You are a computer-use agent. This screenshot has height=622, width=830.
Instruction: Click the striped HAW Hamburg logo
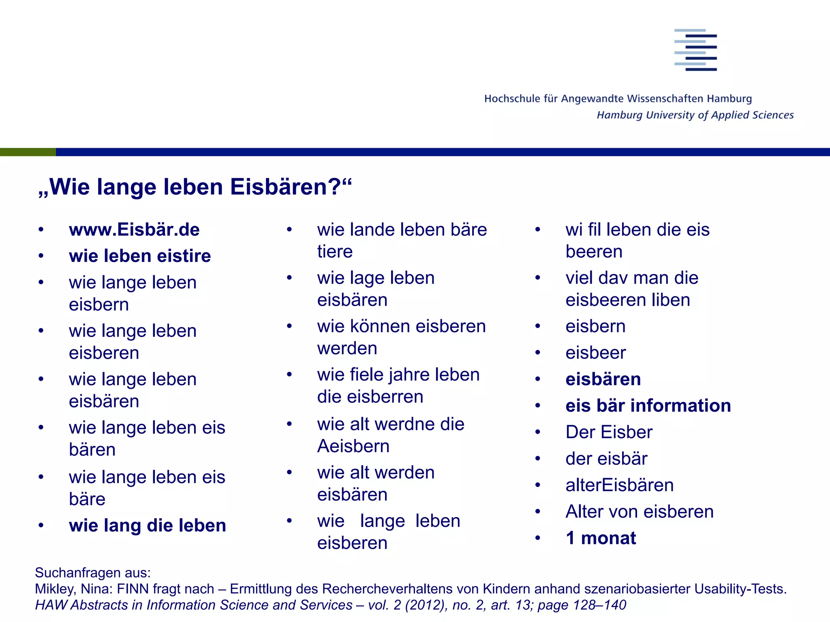tap(695, 50)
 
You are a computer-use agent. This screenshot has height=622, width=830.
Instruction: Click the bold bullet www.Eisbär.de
tap(134, 230)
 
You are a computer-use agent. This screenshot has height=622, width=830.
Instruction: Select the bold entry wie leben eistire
tap(140, 256)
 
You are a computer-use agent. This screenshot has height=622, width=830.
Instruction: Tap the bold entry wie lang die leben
tap(148, 526)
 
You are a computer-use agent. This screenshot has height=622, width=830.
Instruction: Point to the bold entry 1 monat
tap(601, 538)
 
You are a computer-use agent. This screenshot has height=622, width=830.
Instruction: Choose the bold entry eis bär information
tap(648, 406)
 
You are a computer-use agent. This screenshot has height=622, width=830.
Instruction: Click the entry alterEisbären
tap(619, 485)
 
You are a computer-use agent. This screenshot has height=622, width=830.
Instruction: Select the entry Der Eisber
tap(609, 432)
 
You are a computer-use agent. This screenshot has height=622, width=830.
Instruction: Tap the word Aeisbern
tap(353, 446)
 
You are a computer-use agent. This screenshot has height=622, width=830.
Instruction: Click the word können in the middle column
tap(380, 326)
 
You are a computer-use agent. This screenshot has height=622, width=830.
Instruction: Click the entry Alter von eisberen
tap(639, 512)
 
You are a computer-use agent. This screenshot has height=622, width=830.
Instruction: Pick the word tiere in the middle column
tap(335, 252)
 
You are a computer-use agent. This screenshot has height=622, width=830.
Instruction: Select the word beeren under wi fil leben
tap(594, 252)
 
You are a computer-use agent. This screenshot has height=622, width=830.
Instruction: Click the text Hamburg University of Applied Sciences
tap(695, 115)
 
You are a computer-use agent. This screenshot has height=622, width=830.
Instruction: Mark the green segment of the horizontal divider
tap(28, 152)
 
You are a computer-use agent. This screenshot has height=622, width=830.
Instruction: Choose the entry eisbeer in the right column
tap(595, 353)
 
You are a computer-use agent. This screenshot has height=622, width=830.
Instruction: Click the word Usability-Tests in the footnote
tap(740, 589)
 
